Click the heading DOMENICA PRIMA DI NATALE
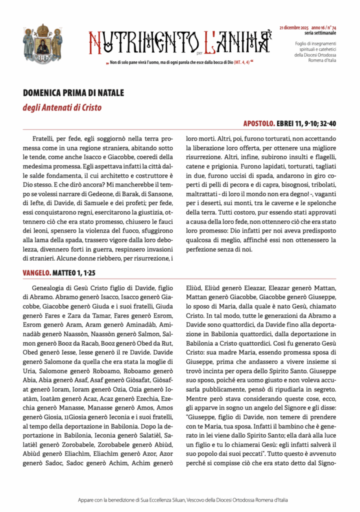(73, 93)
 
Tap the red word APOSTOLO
(258, 122)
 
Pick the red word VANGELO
(36, 273)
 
